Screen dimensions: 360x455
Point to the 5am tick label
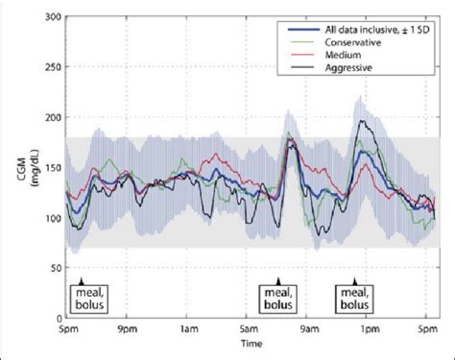251,329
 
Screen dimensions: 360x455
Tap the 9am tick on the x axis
314,329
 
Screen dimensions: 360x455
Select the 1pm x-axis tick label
375,329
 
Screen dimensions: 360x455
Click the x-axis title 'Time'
251,344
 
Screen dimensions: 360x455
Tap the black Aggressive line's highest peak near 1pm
359,122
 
